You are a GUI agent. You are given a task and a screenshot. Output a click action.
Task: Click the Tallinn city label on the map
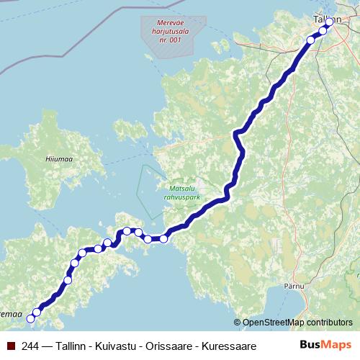(x=327, y=19)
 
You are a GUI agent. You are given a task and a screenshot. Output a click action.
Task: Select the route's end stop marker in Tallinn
(x=329, y=22)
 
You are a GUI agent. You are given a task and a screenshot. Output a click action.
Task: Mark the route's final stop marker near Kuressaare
(x=31, y=318)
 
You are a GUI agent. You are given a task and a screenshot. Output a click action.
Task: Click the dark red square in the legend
(x=10, y=345)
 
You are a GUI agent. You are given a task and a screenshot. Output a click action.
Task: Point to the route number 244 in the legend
(x=32, y=345)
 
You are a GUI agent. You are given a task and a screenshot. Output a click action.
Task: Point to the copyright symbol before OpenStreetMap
(x=237, y=323)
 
